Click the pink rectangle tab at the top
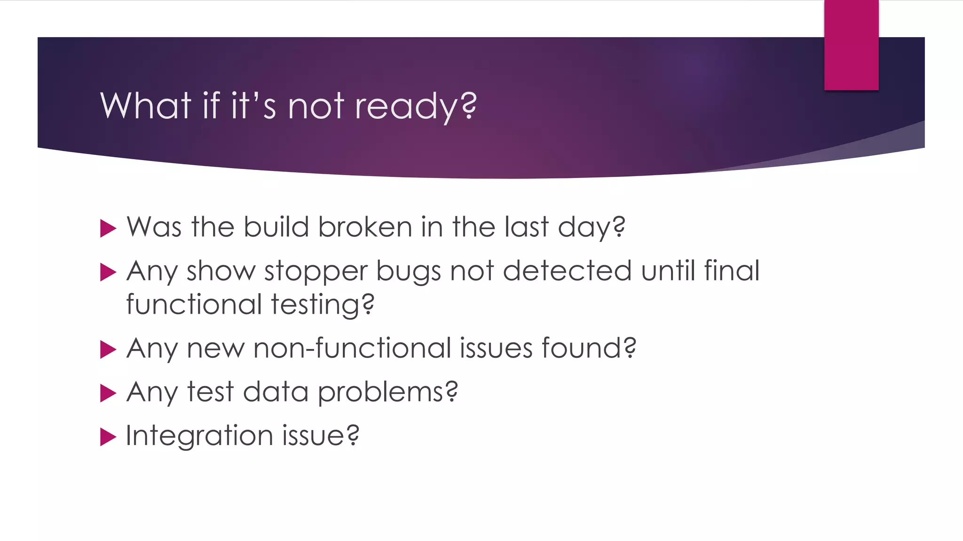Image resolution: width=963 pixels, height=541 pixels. pos(851,45)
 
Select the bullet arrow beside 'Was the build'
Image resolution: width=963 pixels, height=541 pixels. pos(108,229)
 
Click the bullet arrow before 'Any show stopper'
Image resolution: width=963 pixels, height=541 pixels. pos(108,272)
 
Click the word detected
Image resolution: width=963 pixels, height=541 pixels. pos(567,271)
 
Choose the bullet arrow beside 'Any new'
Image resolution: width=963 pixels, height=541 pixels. pos(108,350)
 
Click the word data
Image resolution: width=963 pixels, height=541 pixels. pos(275,392)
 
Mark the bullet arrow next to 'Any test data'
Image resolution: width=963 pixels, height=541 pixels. pos(108,394)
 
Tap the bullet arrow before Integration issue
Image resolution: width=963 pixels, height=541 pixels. pos(108,437)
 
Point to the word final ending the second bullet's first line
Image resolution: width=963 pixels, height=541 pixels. pos(732,271)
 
